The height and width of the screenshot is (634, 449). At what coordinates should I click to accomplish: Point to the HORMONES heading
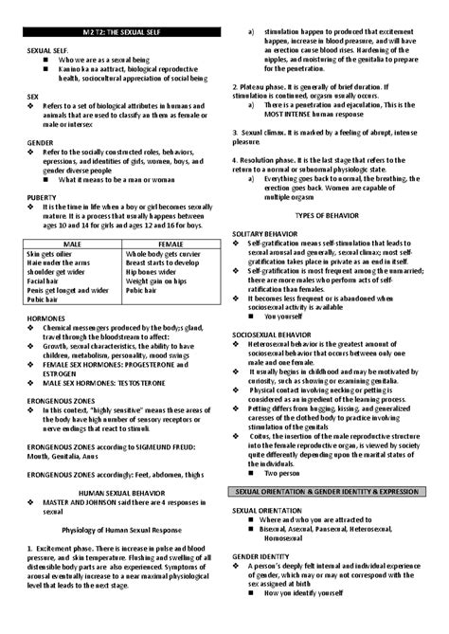coord(47,317)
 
